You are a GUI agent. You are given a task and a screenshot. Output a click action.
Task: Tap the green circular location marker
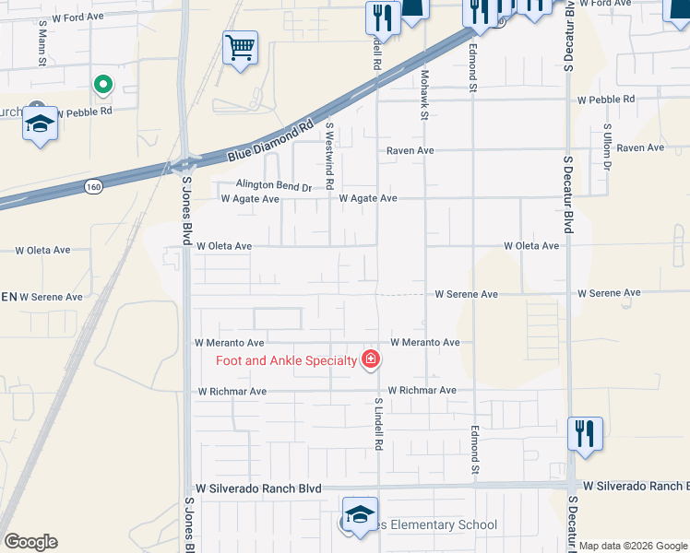(x=103, y=86)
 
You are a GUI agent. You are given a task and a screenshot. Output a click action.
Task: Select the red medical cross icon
(x=371, y=359)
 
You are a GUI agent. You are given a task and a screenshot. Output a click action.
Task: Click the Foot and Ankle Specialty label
(x=286, y=360)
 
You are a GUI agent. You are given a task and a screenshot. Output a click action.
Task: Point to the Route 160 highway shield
(x=92, y=186)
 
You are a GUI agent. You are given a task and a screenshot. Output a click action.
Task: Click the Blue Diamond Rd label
(x=270, y=141)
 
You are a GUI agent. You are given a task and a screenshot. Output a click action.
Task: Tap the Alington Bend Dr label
(x=274, y=185)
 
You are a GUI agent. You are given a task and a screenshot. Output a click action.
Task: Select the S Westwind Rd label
(x=329, y=152)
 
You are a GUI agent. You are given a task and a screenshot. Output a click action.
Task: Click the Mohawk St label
(x=425, y=95)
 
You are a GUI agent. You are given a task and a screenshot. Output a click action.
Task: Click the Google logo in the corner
(x=30, y=542)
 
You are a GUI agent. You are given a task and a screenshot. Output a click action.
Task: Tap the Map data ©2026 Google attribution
(x=634, y=546)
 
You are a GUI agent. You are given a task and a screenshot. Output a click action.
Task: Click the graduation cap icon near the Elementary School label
(x=360, y=513)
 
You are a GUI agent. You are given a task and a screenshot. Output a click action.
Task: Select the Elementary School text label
(x=434, y=525)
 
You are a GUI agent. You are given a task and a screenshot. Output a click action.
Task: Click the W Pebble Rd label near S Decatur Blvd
(x=606, y=100)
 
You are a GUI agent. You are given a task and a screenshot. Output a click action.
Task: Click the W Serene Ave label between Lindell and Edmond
(x=467, y=294)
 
